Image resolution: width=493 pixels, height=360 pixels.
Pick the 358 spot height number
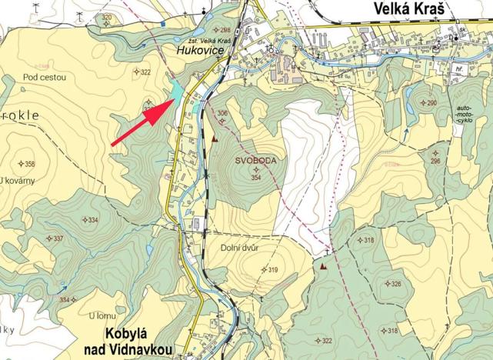[x=30, y=164]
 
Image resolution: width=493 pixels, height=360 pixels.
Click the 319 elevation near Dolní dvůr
[x=271, y=269]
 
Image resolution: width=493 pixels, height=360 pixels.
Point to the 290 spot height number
[x=431, y=103]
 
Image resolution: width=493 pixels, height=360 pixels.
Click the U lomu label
[x=102, y=315]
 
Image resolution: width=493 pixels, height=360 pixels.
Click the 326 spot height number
[x=395, y=284]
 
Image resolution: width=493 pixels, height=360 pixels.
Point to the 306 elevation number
[x=222, y=113]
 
